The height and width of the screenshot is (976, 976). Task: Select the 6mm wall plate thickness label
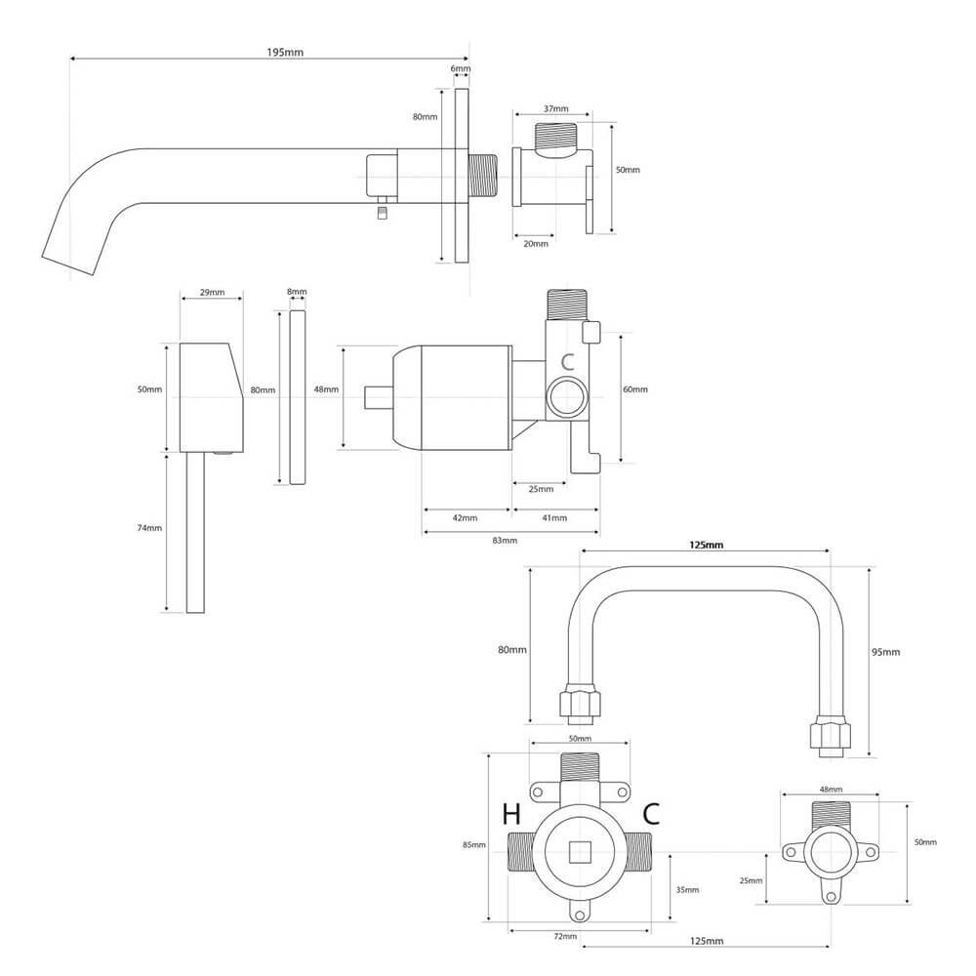(461, 69)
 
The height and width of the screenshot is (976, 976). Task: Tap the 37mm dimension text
(556, 108)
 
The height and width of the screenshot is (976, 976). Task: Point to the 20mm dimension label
(535, 243)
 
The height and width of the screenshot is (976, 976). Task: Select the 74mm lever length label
(149, 528)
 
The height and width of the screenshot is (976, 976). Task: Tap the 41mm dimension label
(553, 517)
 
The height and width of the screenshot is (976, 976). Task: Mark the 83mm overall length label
(505, 540)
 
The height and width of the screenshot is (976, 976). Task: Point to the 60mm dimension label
(635, 389)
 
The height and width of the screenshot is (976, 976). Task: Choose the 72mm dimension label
(564, 937)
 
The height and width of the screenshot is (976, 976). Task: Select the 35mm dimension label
(687, 889)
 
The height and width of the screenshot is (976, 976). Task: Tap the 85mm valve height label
(473, 845)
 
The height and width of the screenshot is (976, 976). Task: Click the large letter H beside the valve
(511, 814)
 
